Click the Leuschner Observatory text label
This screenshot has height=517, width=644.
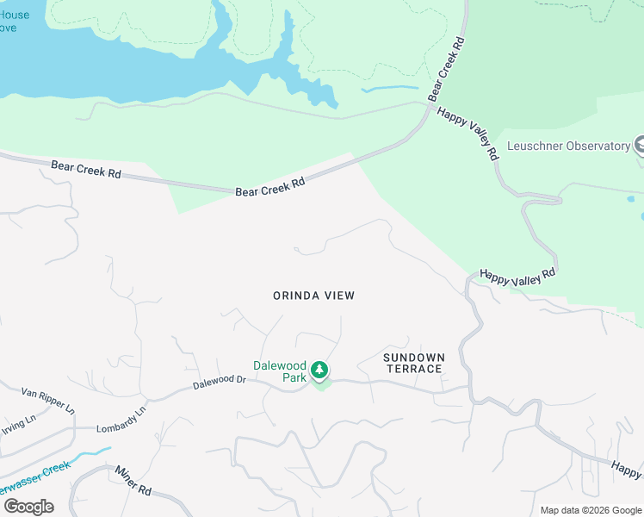[569, 146]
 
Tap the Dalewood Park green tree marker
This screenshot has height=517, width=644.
[319, 371]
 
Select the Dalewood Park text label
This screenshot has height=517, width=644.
[280, 371]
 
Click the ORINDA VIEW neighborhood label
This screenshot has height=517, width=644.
[313, 296]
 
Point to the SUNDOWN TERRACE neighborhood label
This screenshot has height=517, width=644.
[413, 363]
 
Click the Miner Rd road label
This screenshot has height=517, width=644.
[133, 479]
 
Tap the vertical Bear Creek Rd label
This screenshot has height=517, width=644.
[447, 66]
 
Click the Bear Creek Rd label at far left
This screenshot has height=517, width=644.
[85, 168]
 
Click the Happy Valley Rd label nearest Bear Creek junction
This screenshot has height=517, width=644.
[468, 134]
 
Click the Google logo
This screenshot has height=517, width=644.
[28, 506]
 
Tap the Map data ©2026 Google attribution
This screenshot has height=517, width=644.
[591, 509]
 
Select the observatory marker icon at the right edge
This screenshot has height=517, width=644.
[638, 146]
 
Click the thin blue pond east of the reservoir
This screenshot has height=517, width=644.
[389, 89]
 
